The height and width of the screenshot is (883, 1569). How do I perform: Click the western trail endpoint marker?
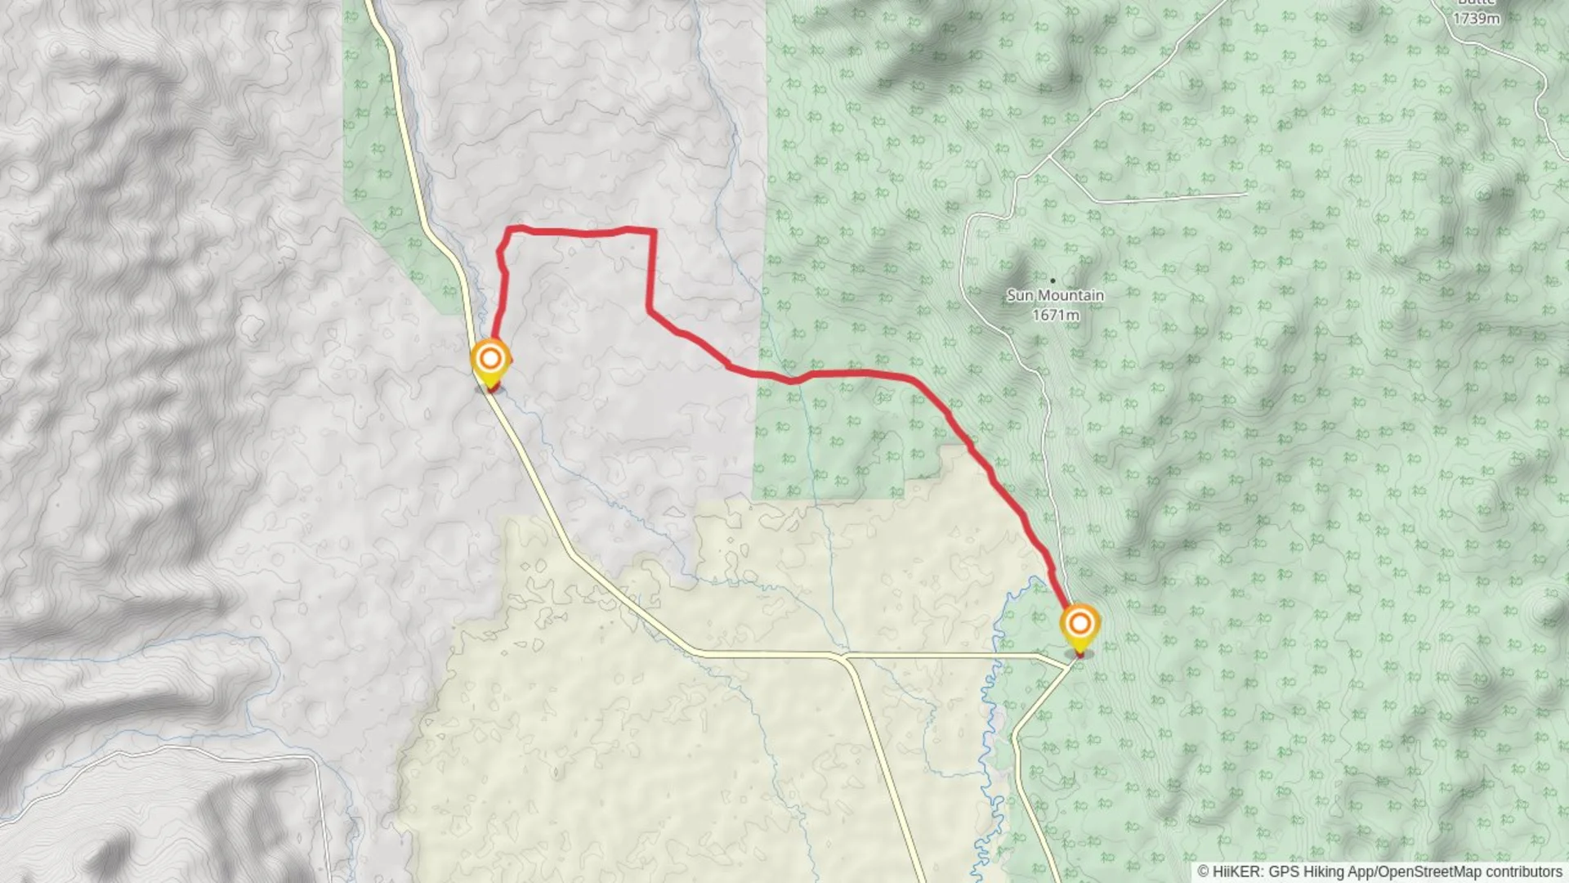pyautogui.click(x=490, y=360)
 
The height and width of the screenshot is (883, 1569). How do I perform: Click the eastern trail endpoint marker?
pyautogui.click(x=1080, y=625)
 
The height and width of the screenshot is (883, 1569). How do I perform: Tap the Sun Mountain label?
pyautogui.click(x=1055, y=295)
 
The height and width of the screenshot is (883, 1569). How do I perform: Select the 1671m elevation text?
pyautogui.click(x=1055, y=315)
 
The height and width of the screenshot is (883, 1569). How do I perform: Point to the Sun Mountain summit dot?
pyautogui.click(x=1053, y=280)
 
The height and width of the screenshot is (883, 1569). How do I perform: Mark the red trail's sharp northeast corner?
pyautogui.click(x=654, y=231)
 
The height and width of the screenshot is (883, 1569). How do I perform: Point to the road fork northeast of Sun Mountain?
pyautogui.click(x=1049, y=157)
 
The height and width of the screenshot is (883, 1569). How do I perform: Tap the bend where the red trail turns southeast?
pyautogui.click(x=650, y=311)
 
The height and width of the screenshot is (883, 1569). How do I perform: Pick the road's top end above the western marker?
pyautogui.click(x=368, y=2)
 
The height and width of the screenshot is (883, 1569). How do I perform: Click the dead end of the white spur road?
pyautogui.click(x=1245, y=194)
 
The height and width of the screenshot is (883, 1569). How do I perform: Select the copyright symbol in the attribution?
pyautogui.click(x=1203, y=872)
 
